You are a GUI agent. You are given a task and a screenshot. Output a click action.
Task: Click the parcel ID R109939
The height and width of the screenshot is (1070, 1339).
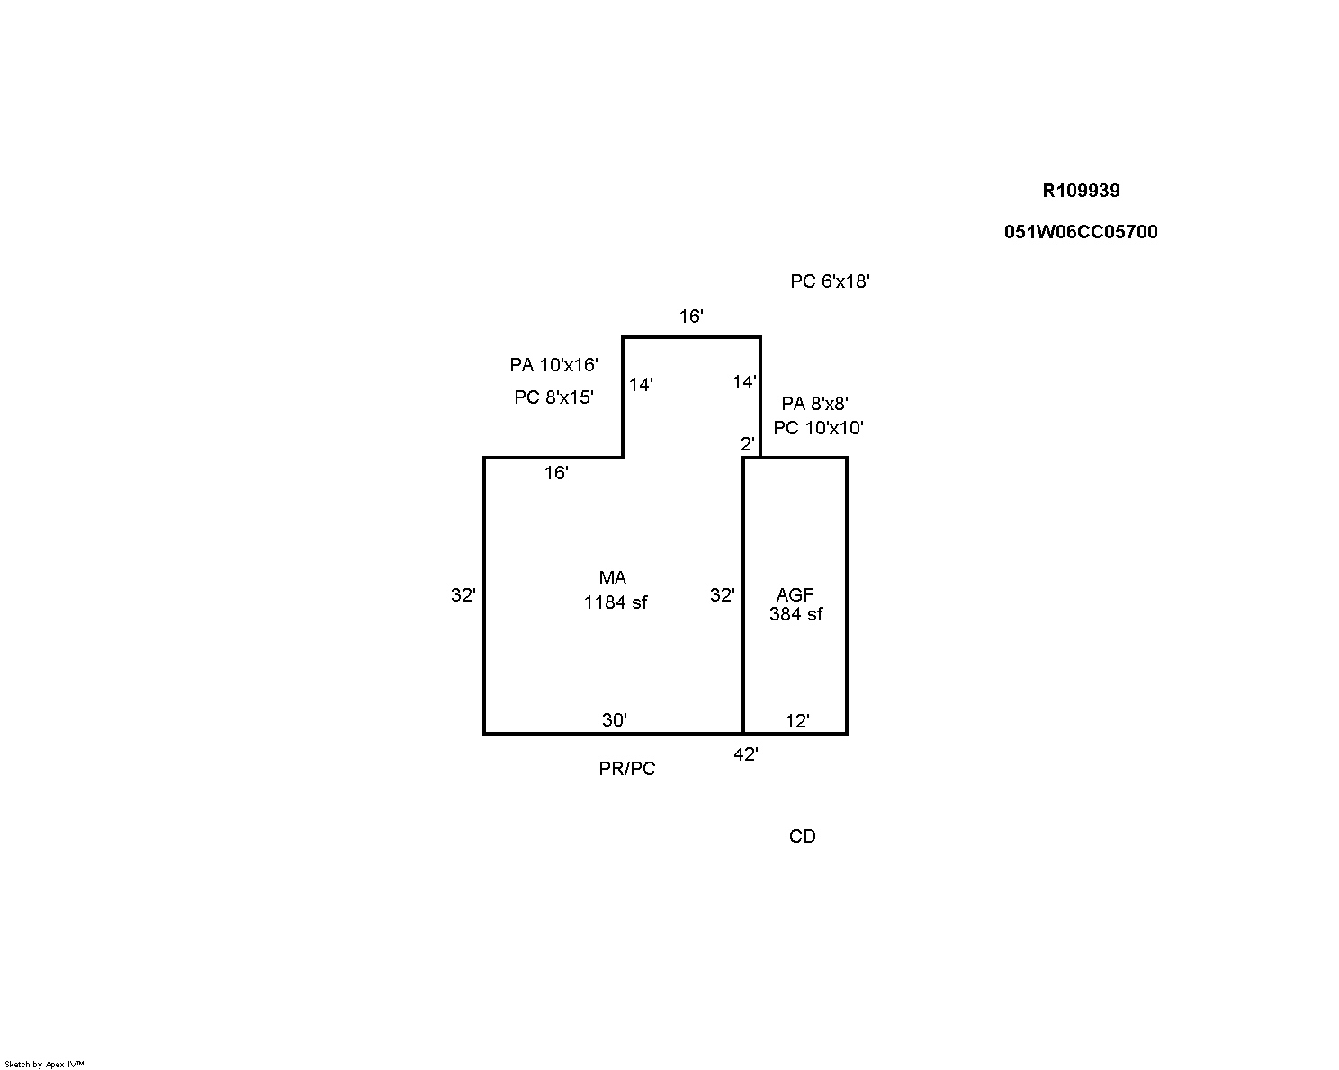1081,191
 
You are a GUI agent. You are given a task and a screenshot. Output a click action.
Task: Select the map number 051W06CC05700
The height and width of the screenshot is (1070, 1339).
1081,232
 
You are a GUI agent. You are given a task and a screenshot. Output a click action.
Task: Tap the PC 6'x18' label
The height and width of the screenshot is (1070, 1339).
830,281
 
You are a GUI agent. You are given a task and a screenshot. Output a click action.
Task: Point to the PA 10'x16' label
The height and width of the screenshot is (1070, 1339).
553,365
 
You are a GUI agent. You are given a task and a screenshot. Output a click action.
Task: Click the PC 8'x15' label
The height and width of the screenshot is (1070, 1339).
553,397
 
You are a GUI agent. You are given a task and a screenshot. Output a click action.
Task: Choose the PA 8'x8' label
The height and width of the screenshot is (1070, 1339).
814,404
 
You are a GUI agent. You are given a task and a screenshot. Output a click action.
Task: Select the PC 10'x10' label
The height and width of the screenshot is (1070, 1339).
818,428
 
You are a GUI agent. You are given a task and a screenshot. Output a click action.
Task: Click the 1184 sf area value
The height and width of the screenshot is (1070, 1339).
616,602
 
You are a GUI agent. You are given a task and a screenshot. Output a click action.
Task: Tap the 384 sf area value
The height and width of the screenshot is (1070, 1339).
795,614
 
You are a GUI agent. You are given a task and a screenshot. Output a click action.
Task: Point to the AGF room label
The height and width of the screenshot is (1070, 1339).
795,595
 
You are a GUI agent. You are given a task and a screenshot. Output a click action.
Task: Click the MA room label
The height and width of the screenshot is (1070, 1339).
612,578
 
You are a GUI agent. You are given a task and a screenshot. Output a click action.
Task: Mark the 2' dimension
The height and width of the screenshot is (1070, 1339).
747,444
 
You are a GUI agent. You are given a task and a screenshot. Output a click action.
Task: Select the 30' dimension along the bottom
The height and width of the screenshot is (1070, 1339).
614,720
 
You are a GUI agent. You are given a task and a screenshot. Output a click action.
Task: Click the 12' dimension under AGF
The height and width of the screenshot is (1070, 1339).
797,721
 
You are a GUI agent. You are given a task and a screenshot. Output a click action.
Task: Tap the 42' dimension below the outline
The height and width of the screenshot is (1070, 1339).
746,754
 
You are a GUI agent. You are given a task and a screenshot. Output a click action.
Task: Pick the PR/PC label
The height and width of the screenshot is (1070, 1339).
627,769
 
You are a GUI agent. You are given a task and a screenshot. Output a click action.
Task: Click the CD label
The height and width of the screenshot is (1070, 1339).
802,836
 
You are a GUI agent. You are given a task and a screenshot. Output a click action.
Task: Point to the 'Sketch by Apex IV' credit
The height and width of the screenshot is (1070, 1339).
44,1065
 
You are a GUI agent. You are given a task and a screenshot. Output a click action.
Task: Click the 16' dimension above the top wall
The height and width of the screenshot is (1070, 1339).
691,317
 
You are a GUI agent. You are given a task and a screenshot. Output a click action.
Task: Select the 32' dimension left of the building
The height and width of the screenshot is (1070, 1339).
463,595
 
